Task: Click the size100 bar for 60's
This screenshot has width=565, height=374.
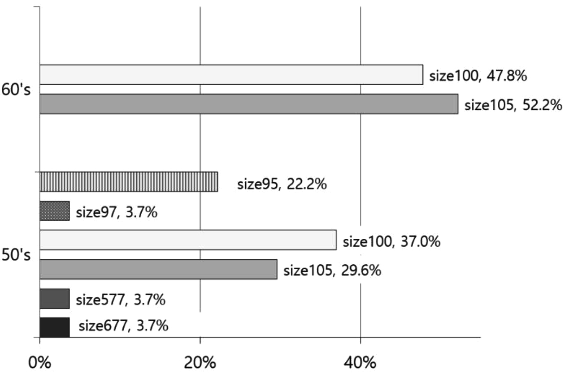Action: pos(231,74)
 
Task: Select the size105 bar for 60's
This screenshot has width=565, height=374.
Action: pos(249,104)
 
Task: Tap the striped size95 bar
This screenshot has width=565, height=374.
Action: pos(129,182)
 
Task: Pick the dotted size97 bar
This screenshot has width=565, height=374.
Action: pos(55,211)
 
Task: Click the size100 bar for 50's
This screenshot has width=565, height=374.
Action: pos(188,240)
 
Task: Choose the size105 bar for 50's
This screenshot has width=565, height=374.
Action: pos(158,269)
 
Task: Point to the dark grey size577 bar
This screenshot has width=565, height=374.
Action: pos(55,299)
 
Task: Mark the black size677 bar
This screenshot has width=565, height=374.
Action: pos(55,327)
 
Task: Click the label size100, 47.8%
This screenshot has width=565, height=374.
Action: pos(478,76)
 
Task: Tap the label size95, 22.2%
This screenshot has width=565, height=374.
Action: pos(282,184)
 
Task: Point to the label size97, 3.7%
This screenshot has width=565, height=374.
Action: pos(117,212)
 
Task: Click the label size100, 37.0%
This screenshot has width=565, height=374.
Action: pos(391,242)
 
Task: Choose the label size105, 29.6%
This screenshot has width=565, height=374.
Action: pos(332,271)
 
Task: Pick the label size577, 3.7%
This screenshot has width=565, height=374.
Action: pos(121,300)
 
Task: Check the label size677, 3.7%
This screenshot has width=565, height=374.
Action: pos(123,326)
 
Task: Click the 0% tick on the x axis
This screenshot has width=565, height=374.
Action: pos(40,362)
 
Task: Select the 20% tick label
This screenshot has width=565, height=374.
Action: pos(200,362)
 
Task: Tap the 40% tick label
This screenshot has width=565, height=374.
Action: pos(361,362)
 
